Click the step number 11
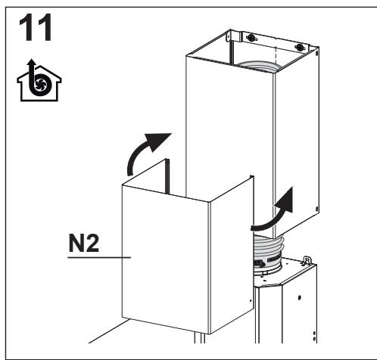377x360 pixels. pos(35,27)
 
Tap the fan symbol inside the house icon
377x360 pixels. pos(39,84)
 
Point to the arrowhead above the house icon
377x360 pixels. pos(31,63)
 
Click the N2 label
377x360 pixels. pos(84,243)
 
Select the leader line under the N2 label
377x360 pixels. pos(99,257)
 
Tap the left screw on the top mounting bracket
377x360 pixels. pos(251,38)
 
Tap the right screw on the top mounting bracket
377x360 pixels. pos(300,47)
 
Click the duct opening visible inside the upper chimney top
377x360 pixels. pos(257,67)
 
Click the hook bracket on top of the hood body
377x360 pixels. pos(307,260)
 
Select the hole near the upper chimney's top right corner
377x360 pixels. pos(317,54)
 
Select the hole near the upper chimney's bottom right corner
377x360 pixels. pos(317,209)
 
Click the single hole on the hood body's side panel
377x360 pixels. pos(299,297)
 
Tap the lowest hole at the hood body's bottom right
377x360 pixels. pos(314,340)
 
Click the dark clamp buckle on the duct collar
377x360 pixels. pos(260,264)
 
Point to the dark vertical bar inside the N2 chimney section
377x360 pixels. pos(167,176)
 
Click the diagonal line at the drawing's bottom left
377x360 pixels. pos(108,331)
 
